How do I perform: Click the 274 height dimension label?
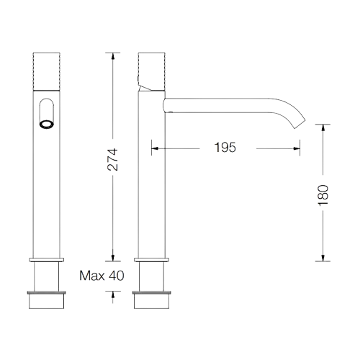pos(113,160)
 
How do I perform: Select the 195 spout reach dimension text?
pos(225,148)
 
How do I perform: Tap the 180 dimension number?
pos(323,195)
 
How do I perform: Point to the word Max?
pos(92,276)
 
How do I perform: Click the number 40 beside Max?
pos(117,276)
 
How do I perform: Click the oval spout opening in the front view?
pos(47,125)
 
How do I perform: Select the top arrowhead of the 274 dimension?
pos(113,55)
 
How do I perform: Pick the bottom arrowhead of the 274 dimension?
pos(113,258)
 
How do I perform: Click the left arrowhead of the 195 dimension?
pos(155,148)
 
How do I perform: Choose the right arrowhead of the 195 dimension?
pos(297,148)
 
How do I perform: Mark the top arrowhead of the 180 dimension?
pos(323,127)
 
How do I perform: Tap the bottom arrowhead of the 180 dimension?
pos(323,258)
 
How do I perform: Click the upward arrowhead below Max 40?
pos(113,294)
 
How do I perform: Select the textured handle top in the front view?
pos(46,71)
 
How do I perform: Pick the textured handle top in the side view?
pos(152,71)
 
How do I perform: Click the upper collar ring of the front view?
pos(47,260)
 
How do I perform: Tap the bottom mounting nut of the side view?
pos(152,300)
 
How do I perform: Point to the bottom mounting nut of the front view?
pos(46,300)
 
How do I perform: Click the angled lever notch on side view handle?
pos(144,87)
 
